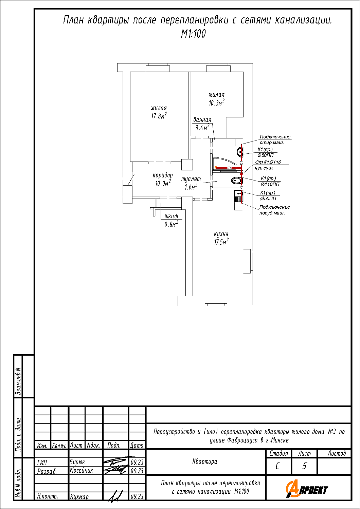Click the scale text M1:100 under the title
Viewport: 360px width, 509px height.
(193, 34)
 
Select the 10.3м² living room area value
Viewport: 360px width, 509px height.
(216, 102)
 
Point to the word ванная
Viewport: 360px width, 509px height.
(202, 119)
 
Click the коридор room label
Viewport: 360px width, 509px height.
(163, 175)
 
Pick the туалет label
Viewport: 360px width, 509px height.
(191, 179)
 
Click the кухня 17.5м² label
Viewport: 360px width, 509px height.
(221, 238)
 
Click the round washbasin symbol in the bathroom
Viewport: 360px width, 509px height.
(240, 152)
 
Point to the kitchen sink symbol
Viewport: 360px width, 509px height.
(238, 197)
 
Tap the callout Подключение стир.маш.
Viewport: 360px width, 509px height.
(275, 139)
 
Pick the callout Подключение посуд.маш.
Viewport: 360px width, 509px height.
(274, 210)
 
